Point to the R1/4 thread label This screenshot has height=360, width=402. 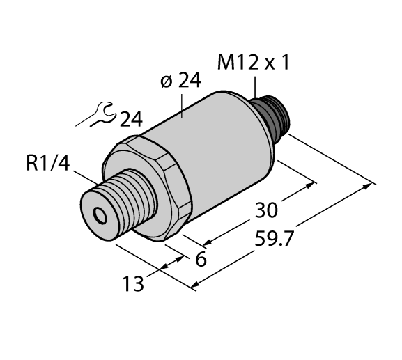pyautogui.click(x=47, y=164)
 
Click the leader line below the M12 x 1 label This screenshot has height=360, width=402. pyautogui.click(x=256, y=87)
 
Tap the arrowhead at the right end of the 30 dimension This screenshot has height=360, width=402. pyautogui.click(x=311, y=187)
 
